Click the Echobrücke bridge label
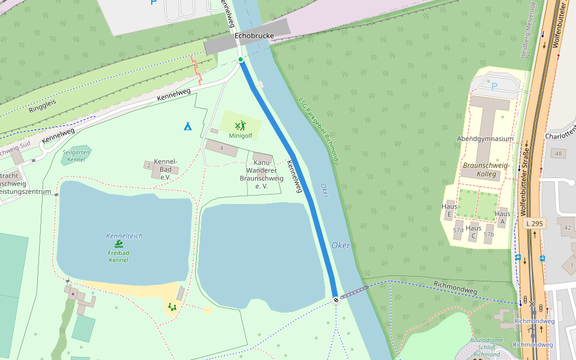click(254, 36)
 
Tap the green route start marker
click(241, 59)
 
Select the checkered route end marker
click(336, 299)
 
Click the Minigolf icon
click(240, 126)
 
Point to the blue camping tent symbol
click(188, 126)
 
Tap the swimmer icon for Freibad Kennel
click(119, 244)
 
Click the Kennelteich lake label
click(124, 236)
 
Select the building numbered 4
click(221, 148)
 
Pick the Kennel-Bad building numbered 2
click(149, 165)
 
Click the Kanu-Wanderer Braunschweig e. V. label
click(261, 174)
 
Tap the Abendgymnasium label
click(485, 139)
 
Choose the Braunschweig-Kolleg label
click(486, 170)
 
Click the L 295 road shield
click(534, 223)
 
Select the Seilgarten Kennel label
click(76, 155)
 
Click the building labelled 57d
click(458, 230)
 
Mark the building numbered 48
click(559, 154)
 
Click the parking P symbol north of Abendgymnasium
click(494, 86)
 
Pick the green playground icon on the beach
click(172, 307)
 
